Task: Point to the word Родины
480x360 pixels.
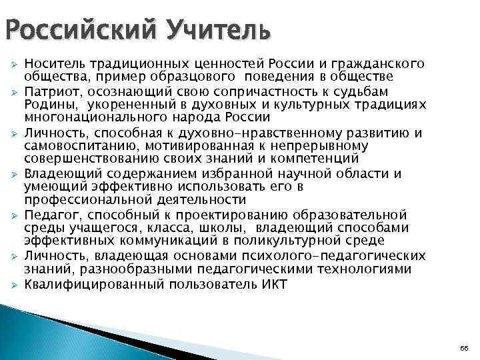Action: click(45, 105)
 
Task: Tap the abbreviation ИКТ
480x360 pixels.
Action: click(273, 284)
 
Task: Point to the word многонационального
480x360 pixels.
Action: click(86, 119)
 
